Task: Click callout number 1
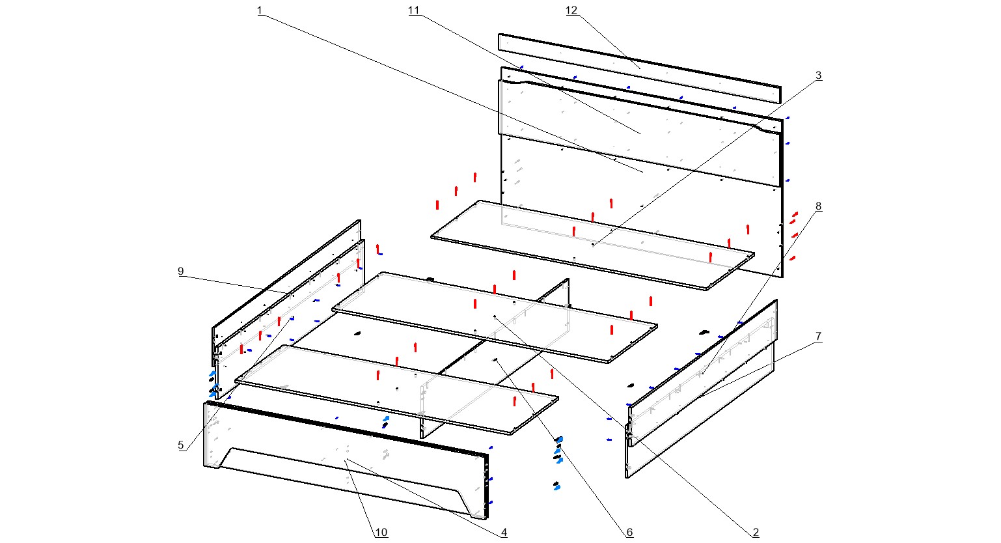tap(260, 11)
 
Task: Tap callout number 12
tap(571, 11)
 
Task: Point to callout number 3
tap(818, 76)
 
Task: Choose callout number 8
tap(818, 206)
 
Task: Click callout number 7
tap(818, 337)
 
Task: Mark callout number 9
tap(181, 271)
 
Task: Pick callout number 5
tap(181, 445)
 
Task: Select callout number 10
tap(381, 533)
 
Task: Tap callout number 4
tap(504, 533)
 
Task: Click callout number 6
tap(629, 533)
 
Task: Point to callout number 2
tap(756, 533)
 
